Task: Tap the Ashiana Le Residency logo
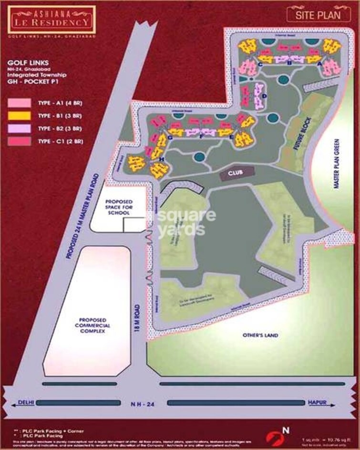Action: click(x=45, y=16)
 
